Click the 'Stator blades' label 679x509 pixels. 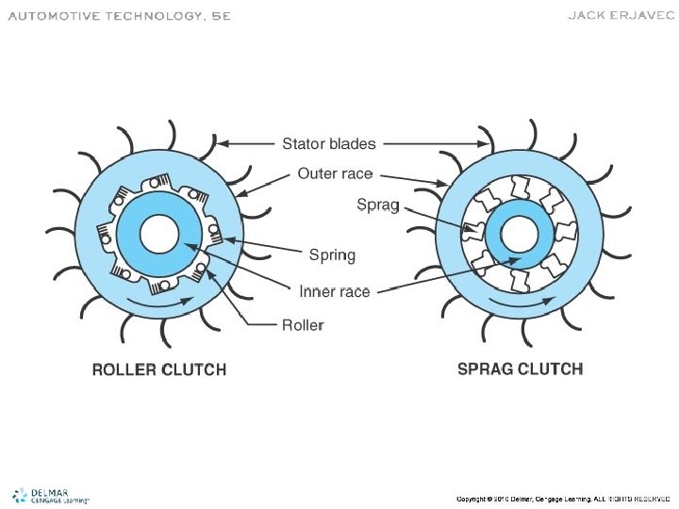tap(329, 144)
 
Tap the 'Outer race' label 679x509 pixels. tap(335, 173)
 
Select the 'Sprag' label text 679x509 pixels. tap(377, 204)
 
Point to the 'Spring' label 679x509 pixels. tap(333, 254)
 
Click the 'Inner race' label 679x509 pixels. tap(335, 291)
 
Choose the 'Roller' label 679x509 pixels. tap(303, 325)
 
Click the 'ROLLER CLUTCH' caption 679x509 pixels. tap(158, 369)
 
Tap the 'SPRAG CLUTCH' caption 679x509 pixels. tap(520, 369)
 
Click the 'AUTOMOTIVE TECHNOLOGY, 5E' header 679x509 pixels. tap(119, 17)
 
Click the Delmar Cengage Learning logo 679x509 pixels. tap(50, 496)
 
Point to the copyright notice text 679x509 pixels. tap(563, 498)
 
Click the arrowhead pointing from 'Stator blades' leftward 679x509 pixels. tap(224, 144)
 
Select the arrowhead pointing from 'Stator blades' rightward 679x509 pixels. tap(486, 144)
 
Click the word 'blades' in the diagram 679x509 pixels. tap(353, 144)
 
